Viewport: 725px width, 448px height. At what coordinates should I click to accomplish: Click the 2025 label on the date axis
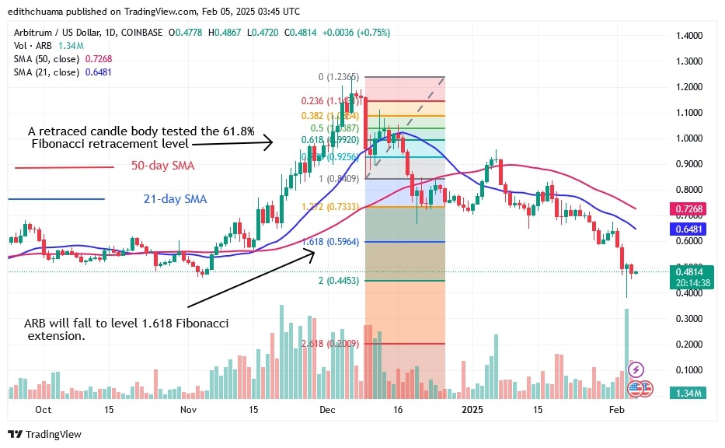(x=472, y=408)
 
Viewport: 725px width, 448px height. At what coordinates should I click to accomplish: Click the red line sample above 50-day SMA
(x=54, y=166)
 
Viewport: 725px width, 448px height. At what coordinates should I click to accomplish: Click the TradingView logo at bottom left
(x=45, y=434)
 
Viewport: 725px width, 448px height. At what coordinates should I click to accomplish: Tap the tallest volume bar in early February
(x=626, y=350)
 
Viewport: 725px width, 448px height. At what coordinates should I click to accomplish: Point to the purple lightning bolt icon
(x=636, y=369)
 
